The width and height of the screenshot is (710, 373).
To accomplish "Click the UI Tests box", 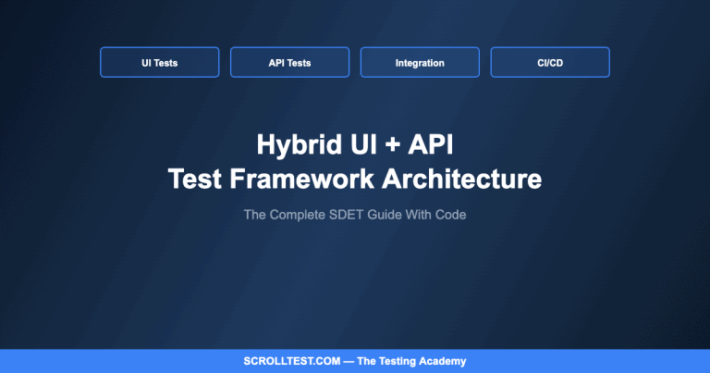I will coord(160,63).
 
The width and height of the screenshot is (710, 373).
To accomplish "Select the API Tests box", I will coord(289,63).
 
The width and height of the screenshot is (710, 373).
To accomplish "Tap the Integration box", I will coord(420,63).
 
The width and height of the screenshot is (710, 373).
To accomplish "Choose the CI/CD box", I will coord(550,63).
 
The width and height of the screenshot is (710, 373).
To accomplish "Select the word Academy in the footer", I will coord(440,361).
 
